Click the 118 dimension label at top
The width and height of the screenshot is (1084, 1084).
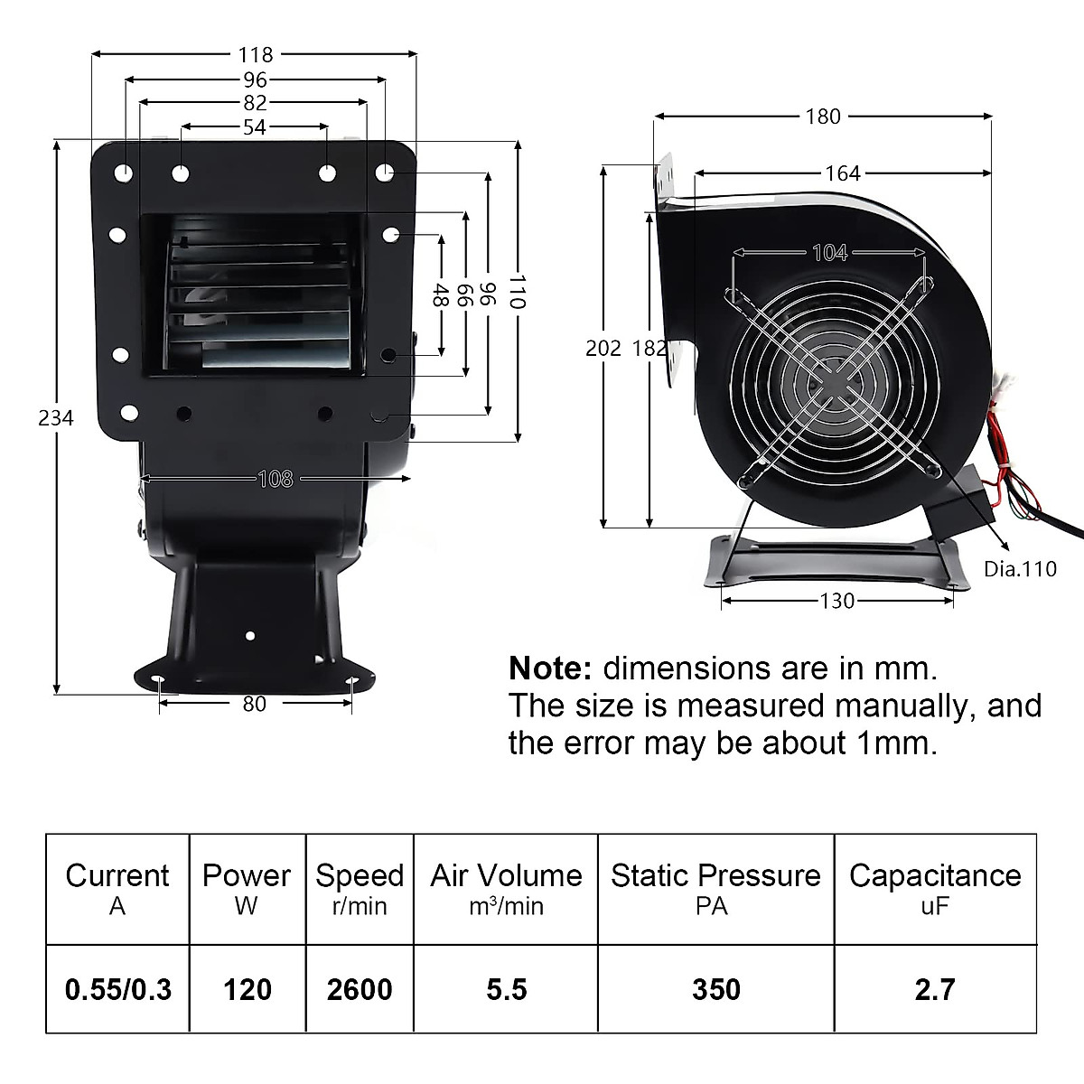(x=256, y=55)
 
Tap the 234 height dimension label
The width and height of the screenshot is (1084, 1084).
(x=56, y=417)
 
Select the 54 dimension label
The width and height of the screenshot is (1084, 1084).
(x=255, y=127)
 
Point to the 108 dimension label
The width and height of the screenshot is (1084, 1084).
(x=276, y=478)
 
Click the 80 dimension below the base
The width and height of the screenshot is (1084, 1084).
(x=255, y=703)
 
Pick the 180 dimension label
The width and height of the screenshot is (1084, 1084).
(x=822, y=116)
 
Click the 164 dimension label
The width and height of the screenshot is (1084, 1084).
(x=842, y=173)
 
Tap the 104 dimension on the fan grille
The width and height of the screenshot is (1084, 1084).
(x=829, y=253)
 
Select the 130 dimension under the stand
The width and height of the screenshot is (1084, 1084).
(x=836, y=601)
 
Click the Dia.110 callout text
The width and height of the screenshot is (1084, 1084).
(x=1019, y=569)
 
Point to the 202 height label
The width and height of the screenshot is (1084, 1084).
(x=603, y=348)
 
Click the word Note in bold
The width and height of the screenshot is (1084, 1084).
(x=549, y=668)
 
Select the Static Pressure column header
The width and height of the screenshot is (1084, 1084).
(x=715, y=875)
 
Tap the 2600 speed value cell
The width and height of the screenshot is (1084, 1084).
(x=360, y=989)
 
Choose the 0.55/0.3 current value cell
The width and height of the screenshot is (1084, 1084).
(x=118, y=989)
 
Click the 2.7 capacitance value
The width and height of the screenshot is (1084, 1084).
(x=934, y=989)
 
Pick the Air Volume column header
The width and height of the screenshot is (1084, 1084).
(x=506, y=875)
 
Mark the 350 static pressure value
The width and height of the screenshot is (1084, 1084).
(x=715, y=989)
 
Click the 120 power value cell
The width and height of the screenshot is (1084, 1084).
(x=248, y=989)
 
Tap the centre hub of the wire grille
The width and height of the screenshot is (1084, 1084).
(x=829, y=381)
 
